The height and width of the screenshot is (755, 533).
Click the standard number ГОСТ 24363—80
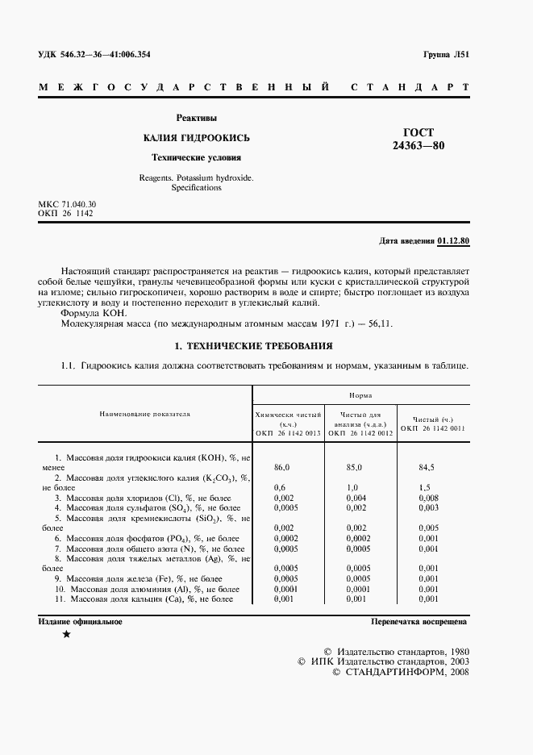tap(418, 140)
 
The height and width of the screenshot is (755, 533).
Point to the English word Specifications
tap(197, 187)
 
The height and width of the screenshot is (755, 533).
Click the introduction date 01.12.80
tap(455, 241)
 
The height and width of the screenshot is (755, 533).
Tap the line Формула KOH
tap(94, 312)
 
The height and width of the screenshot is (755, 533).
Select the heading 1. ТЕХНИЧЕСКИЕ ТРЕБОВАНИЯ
tap(253, 347)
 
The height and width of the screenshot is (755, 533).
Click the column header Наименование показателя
tap(145, 414)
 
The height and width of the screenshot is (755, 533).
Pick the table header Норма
tap(360, 396)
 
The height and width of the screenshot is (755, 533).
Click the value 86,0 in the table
tap(282, 467)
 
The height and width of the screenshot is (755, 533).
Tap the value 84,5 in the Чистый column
tap(427, 467)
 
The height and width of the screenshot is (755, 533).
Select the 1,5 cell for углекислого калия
tap(425, 487)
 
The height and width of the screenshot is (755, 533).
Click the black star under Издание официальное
tap(65, 636)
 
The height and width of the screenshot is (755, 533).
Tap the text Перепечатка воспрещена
tap(418, 622)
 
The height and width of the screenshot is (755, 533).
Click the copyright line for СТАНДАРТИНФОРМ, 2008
tap(400, 672)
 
